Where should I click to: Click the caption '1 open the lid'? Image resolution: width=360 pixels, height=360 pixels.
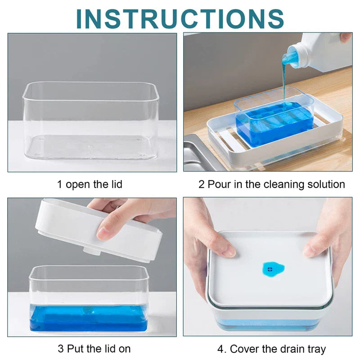[90, 184]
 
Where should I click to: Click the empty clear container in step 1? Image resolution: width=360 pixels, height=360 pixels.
[90, 121]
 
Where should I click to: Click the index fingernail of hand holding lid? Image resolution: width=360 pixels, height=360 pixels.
[103, 233]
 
